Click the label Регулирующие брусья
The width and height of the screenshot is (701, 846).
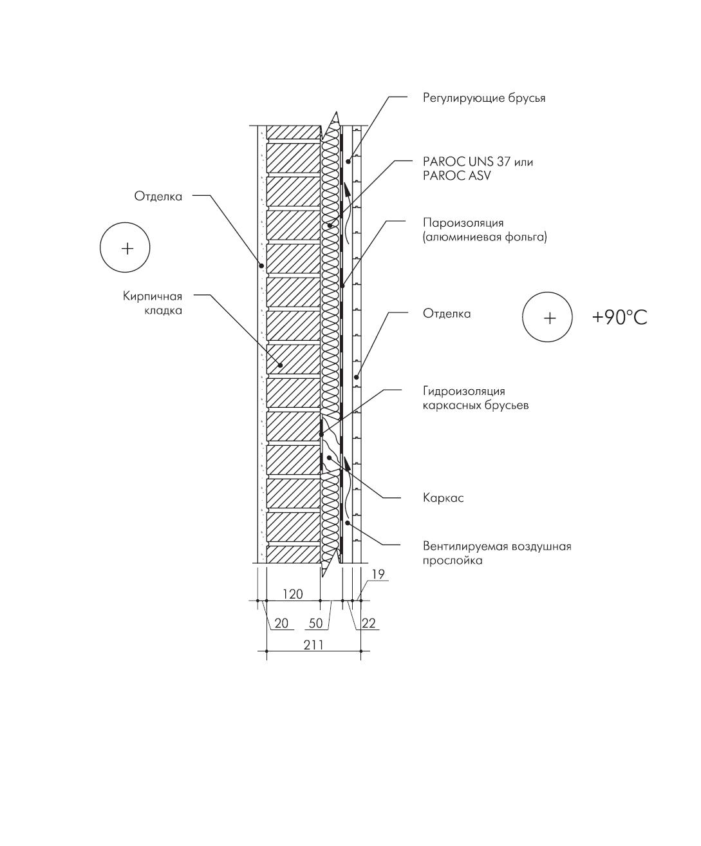[x=484, y=98]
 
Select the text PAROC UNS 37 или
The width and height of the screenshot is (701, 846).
[x=478, y=162]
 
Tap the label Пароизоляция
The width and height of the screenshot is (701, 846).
[x=463, y=223]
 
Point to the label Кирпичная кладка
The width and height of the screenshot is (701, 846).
[x=153, y=303]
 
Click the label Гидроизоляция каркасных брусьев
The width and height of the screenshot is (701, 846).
[x=476, y=398]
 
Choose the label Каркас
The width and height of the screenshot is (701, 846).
[x=443, y=497]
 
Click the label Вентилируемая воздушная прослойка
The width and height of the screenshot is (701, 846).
[x=497, y=553]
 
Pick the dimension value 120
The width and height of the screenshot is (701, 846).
[x=293, y=594]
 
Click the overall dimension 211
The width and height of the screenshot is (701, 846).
[x=313, y=644]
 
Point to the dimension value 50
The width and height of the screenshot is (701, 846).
[x=315, y=623]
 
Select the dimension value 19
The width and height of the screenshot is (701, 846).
[x=378, y=574]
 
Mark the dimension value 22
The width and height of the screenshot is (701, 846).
[x=369, y=623]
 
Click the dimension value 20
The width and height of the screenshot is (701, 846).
[x=281, y=623]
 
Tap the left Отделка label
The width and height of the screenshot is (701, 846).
[x=158, y=197]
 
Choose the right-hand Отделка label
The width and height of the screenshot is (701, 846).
[x=447, y=314]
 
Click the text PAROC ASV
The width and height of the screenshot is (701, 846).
[x=456, y=176]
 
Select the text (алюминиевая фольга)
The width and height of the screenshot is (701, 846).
[x=485, y=236]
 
